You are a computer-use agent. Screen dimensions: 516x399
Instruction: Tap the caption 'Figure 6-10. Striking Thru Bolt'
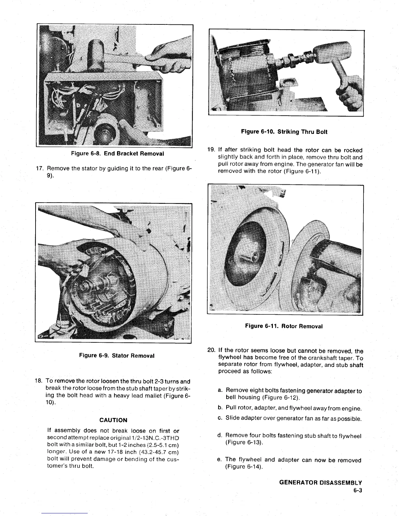coord(284,132)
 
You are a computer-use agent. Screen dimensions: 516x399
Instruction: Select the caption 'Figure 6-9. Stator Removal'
coord(117,355)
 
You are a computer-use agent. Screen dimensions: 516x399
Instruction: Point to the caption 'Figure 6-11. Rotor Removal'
coord(284,326)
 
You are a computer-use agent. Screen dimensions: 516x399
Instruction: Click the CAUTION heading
coord(113,420)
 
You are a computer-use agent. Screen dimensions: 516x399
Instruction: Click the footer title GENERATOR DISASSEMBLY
coord(321,483)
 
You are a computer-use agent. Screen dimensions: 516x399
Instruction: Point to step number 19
coord(211,150)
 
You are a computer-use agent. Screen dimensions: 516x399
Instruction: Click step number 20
coord(211,351)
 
